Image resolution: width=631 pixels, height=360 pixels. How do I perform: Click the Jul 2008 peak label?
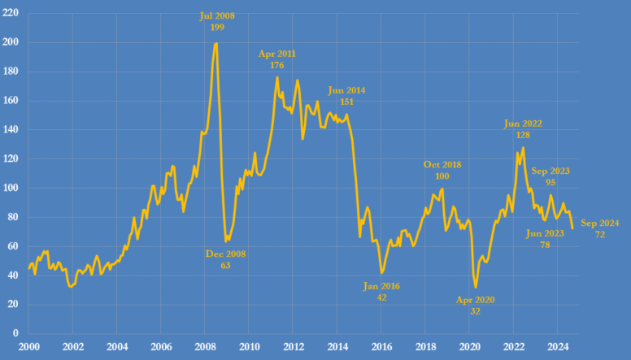pos(217,21)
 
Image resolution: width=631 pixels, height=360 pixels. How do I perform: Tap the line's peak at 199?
pos(215,44)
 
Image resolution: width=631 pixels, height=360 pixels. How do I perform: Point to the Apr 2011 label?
pos(277,60)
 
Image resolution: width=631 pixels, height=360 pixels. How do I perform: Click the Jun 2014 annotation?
pos(346,97)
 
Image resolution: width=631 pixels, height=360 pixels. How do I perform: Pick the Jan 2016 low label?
pos(381,292)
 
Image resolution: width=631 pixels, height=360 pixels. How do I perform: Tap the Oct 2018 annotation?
pos(442,171)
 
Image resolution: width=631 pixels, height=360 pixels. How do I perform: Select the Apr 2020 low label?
pos(476,305)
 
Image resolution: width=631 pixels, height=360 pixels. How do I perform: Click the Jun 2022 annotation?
pos(523,130)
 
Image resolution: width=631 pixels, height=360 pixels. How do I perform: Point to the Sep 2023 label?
pos(550,176)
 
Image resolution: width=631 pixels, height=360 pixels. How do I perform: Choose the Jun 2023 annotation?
pos(545,239)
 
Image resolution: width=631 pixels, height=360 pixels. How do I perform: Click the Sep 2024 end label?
pos(600,228)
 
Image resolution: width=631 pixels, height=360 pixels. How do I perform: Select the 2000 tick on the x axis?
pos(28,346)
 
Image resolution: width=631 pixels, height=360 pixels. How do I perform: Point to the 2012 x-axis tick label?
pos(293,346)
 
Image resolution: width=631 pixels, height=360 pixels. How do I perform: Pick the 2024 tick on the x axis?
pos(558,346)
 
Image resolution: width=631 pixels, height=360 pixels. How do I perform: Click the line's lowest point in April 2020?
pos(476,287)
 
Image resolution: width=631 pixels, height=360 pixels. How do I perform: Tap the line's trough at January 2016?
pos(381,273)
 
